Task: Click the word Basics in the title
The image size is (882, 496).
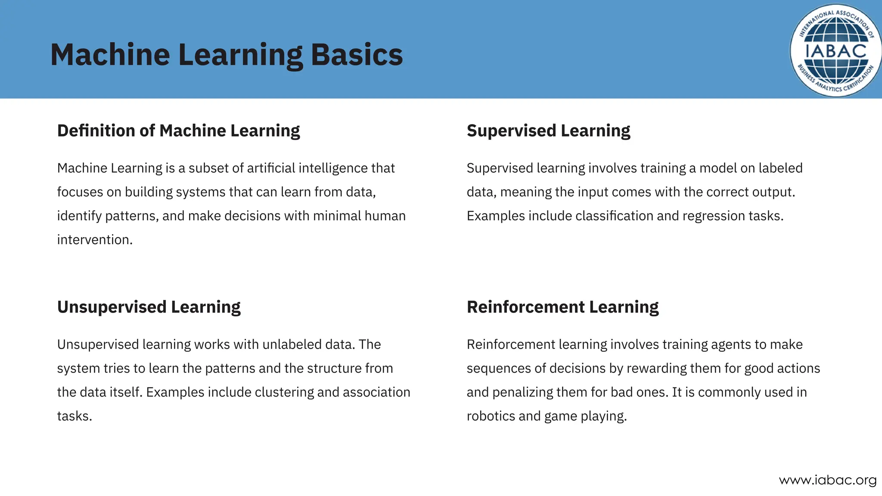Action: pyautogui.click(x=357, y=55)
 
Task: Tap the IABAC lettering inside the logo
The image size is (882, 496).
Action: pyautogui.click(x=835, y=51)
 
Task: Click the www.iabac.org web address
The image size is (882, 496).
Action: pyautogui.click(x=828, y=480)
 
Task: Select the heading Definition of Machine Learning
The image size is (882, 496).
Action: pyautogui.click(x=178, y=130)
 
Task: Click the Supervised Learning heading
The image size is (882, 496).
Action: pyautogui.click(x=548, y=130)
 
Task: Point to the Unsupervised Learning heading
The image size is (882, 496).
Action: pyautogui.click(x=149, y=307)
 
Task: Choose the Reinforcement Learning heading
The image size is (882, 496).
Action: pyautogui.click(x=562, y=307)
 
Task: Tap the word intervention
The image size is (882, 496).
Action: pyautogui.click(x=94, y=240)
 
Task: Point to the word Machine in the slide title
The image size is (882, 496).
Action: pyautogui.click(x=110, y=55)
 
